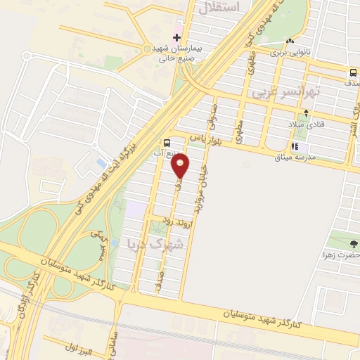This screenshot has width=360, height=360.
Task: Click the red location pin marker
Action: [181, 167]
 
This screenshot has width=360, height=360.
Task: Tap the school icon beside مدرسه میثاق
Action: [295, 147]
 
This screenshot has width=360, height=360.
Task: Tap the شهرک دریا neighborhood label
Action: [156, 244]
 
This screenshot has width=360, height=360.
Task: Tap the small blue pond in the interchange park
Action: [100, 163]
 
